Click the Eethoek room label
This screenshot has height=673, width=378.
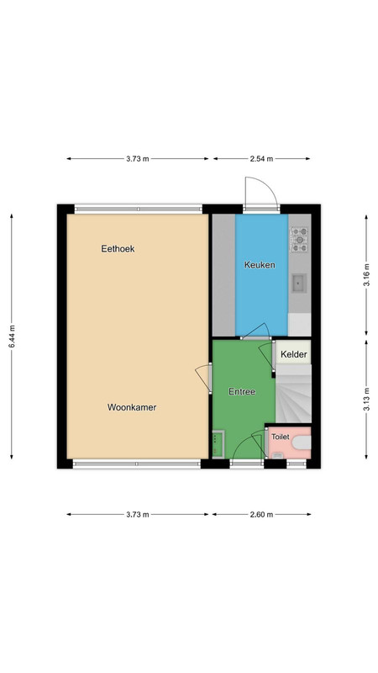click(118, 248)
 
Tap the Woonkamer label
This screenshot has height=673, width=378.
click(132, 407)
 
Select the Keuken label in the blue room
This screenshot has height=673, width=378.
click(260, 265)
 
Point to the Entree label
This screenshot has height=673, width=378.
click(242, 391)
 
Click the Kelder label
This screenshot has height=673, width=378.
click(293, 354)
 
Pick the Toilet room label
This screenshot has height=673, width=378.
click(281, 437)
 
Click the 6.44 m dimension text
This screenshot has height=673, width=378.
click(12, 336)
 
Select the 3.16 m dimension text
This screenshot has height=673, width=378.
click(366, 275)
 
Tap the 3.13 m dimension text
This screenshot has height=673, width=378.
click(366, 399)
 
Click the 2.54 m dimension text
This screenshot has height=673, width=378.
click(261, 159)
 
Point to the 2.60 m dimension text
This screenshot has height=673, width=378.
click(261, 514)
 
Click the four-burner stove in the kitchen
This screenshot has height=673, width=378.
click(299, 240)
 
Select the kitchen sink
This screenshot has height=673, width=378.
click(299, 284)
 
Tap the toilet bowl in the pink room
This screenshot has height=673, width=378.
click(302, 442)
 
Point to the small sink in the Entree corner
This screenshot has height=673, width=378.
click(218, 444)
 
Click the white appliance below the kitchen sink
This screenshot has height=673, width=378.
click(299, 325)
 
